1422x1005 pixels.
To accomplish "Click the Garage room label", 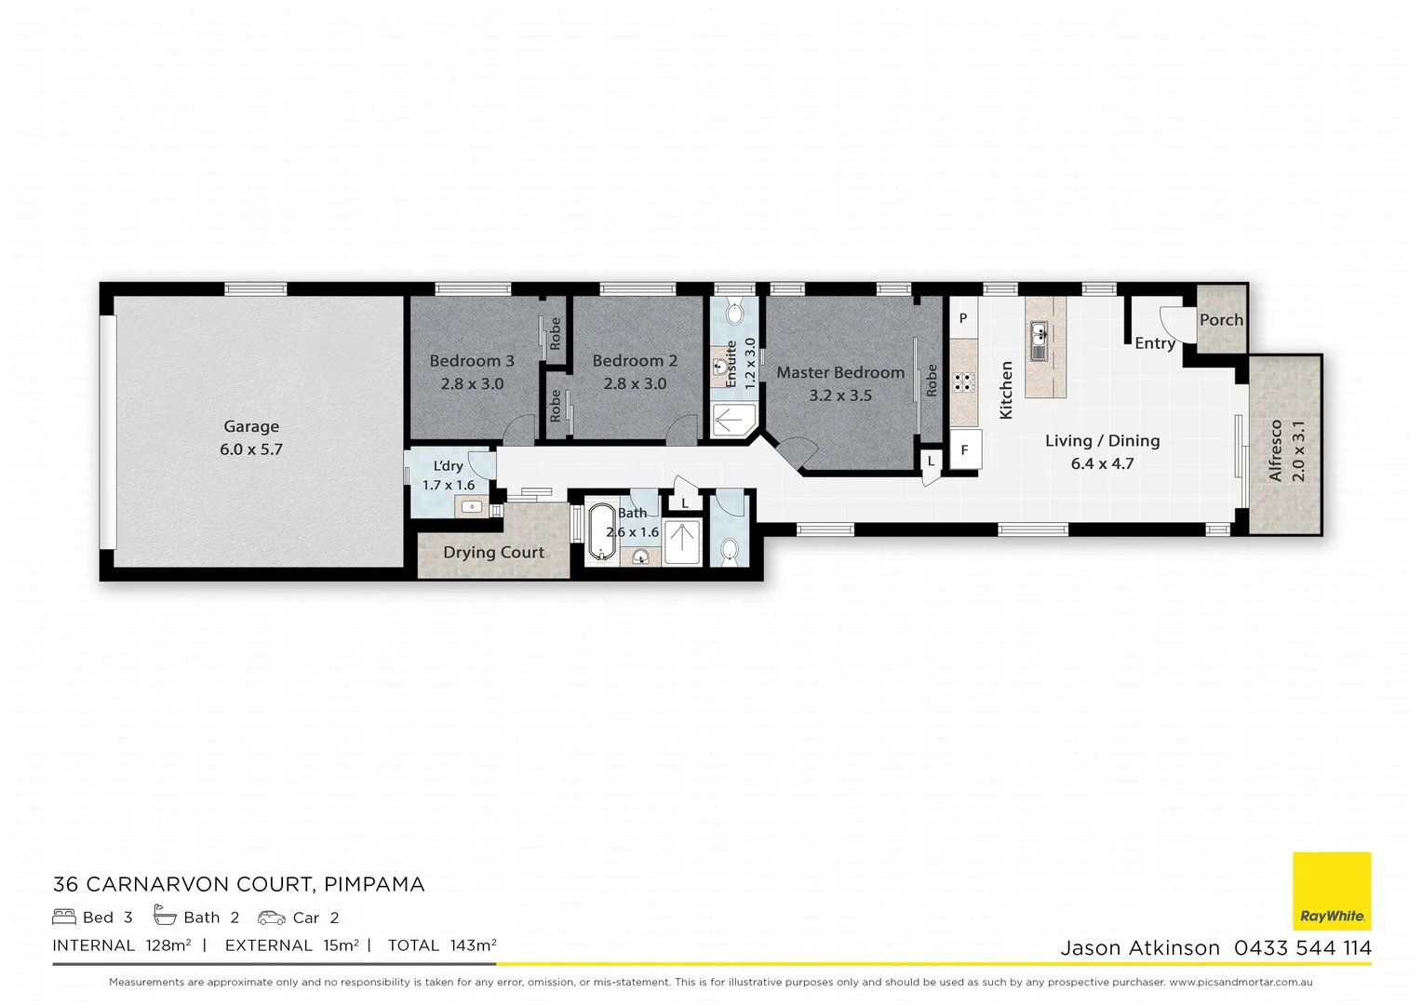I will point(251,426).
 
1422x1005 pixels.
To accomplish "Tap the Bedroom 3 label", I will point(471,361).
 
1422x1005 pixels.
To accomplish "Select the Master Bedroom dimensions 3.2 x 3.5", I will point(840,395).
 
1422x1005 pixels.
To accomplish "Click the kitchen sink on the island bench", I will point(1039,331).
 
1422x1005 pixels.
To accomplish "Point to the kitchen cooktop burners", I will point(963,382).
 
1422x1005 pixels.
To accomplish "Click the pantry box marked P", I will point(963,318).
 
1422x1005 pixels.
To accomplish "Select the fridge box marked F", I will point(964,450).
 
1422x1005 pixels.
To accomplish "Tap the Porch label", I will point(1221,320).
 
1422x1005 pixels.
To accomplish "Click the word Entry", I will point(1154,343).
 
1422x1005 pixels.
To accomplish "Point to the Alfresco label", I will point(1275,450).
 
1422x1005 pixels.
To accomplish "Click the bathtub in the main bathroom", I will point(602,531).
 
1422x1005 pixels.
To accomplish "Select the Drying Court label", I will point(493,553).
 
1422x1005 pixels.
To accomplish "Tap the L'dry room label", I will point(448,466).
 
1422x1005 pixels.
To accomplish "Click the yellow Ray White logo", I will point(1332,891).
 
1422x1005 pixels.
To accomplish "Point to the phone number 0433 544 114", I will point(1302,948).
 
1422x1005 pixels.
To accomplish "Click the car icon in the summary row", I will point(271,918).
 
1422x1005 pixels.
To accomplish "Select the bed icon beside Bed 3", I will point(64,918).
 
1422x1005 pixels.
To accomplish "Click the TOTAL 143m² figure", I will point(441,945).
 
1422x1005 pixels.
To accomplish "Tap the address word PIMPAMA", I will point(374,884).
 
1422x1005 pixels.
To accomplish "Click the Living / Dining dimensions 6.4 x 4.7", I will point(1102,463).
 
